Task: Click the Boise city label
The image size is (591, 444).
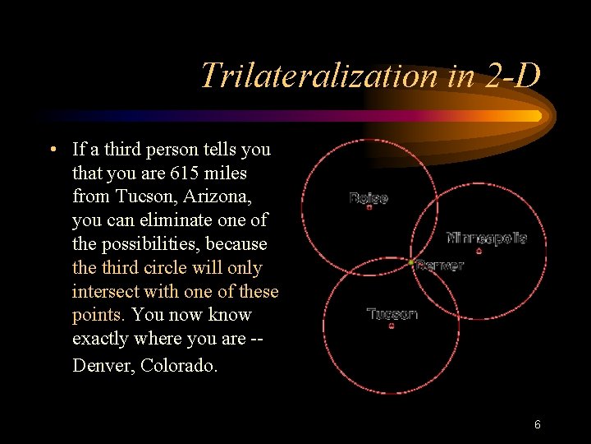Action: pyautogui.click(x=369, y=197)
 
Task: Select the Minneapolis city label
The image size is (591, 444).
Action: pyautogui.click(x=487, y=238)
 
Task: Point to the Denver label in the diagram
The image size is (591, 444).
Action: pyautogui.click(x=440, y=266)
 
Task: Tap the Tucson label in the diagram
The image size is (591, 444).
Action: pyautogui.click(x=392, y=313)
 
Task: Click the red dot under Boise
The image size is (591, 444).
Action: pyautogui.click(x=369, y=207)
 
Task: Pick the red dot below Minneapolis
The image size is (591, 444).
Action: pyautogui.click(x=479, y=252)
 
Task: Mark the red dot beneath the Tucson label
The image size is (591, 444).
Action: pyautogui.click(x=392, y=326)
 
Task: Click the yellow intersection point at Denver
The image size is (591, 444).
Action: pyautogui.click(x=411, y=263)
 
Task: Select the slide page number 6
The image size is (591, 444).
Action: pyautogui.click(x=537, y=425)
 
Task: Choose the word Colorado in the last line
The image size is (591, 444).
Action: pyautogui.click(x=180, y=365)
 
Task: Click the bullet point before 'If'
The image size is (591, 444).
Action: pyautogui.click(x=52, y=150)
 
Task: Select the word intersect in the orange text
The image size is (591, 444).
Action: pyautogui.click(x=102, y=292)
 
